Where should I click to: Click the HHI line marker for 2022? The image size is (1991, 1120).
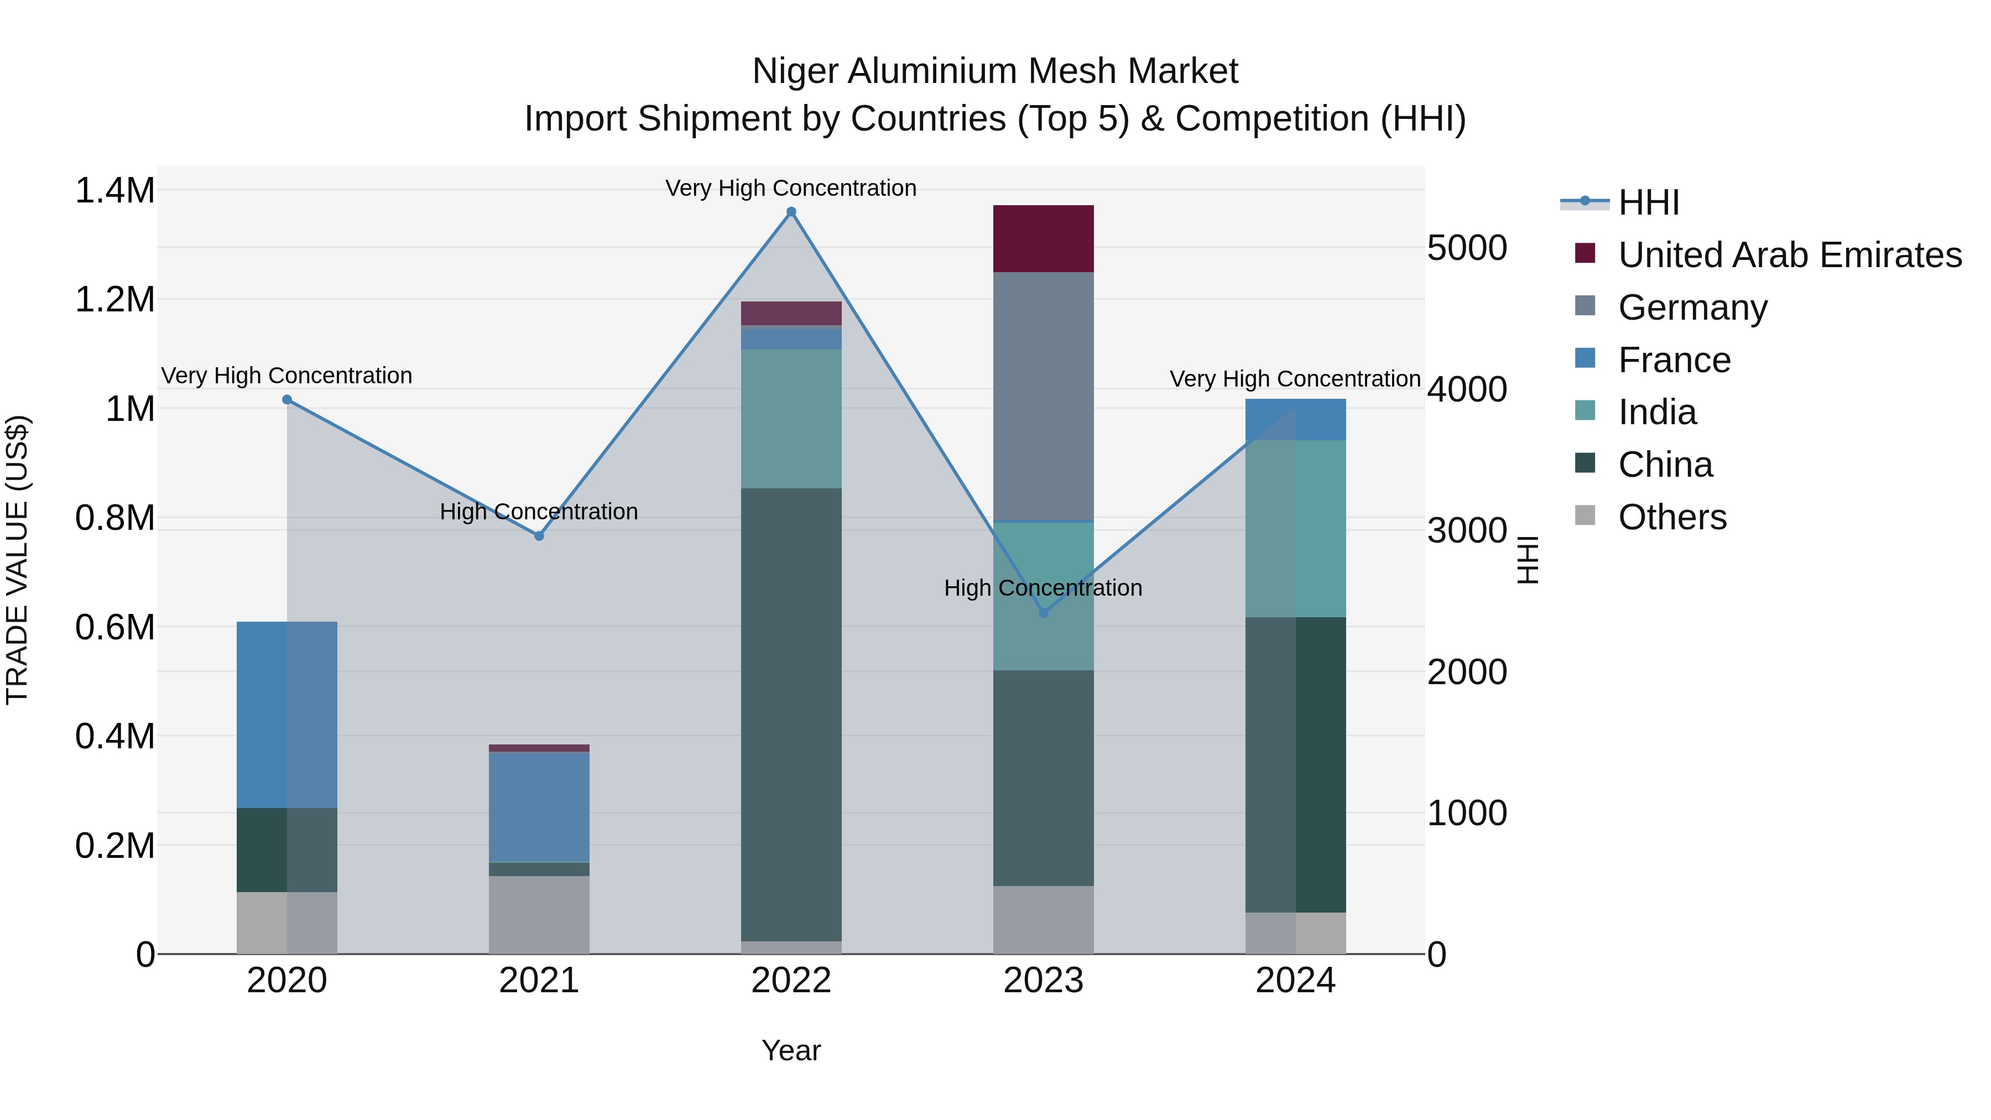(791, 212)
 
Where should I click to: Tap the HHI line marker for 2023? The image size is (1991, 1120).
(1044, 613)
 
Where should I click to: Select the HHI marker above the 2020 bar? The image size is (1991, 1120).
(286, 400)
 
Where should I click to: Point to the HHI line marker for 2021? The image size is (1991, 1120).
(539, 535)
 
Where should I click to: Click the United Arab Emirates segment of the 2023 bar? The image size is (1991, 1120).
(1044, 239)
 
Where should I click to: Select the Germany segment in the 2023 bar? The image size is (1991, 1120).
(1044, 397)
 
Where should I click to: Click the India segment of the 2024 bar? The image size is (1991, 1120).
(1295, 529)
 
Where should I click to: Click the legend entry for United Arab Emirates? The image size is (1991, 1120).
(1789, 255)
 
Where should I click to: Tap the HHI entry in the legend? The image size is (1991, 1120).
(1648, 202)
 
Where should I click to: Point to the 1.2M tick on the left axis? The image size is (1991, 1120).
(115, 300)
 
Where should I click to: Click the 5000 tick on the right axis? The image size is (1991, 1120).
(1466, 248)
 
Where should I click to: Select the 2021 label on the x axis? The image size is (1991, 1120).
(539, 981)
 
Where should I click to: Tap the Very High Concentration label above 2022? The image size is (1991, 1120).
(791, 188)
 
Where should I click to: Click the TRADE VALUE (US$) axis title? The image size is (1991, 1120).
(18, 560)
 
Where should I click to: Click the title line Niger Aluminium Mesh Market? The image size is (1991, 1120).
(995, 71)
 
